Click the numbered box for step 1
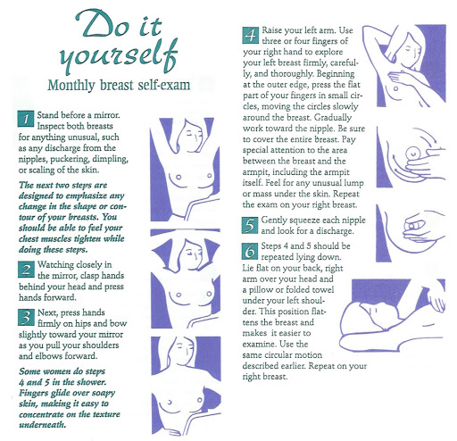pyautogui.click(x=26, y=119)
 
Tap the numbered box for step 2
pyautogui.click(x=26, y=270)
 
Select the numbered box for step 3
pyautogui.click(x=26, y=317)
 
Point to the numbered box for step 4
pyautogui.click(x=251, y=36)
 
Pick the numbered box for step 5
pyautogui.click(x=250, y=225)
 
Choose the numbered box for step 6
pyautogui.click(x=250, y=251)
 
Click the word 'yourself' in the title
pyautogui.click(x=118, y=56)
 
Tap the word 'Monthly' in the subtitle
pyautogui.click(x=71, y=85)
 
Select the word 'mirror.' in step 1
pyautogui.click(x=107, y=115)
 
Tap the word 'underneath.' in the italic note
pyautogui.click(x=42, y=425)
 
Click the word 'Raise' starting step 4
pyautogui.click(x=271, y=30)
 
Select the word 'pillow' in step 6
pyautogui.click(x=266, y=290)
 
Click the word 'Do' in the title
pyautogui.click(x=103, y=24)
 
